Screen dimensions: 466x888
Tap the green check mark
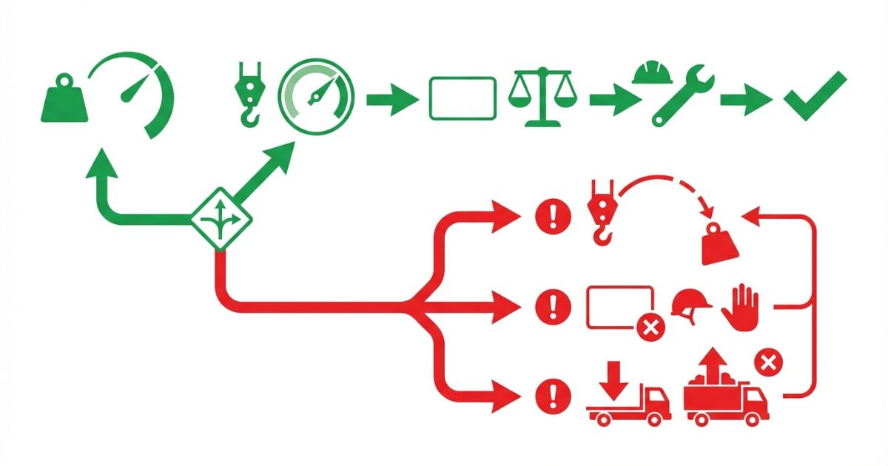point(814,96)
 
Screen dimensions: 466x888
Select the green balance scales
point(541,95)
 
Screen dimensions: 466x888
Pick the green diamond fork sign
point(221,219)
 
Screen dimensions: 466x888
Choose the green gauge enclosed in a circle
point(316,96)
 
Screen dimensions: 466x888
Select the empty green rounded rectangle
point(462,98)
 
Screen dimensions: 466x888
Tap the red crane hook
point(600,212)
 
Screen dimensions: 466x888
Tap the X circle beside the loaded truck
point(768,363)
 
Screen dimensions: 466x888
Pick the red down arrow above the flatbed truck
point(615,376)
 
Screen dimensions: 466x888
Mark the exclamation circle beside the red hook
point(552,217)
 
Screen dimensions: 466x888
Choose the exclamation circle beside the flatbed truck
point(552,392)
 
